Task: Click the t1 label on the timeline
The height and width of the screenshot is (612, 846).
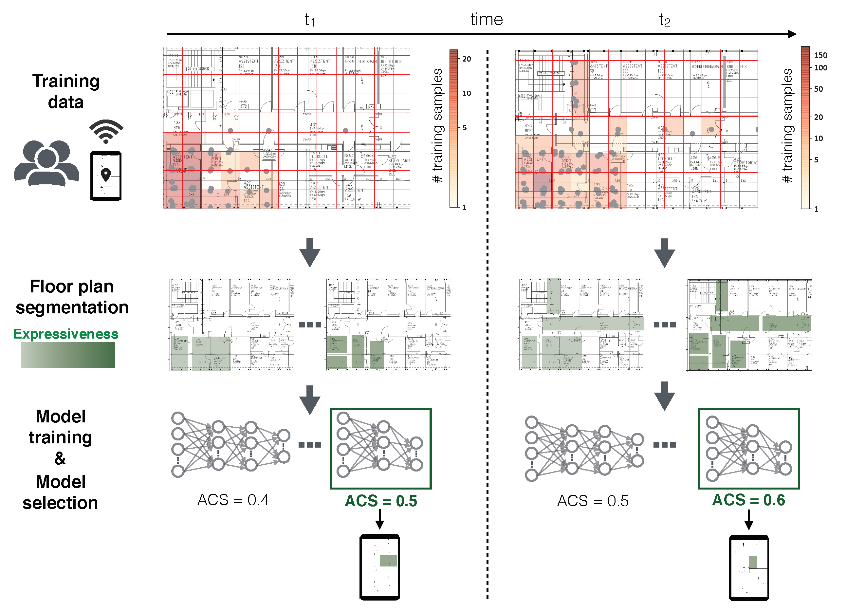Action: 310,20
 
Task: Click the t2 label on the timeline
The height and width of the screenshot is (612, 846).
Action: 664,20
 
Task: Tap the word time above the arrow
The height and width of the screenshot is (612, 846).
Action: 487,19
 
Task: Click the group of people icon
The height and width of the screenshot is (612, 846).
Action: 46,163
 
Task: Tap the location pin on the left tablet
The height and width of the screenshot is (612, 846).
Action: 106,174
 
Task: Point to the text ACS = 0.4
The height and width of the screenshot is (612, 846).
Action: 233,500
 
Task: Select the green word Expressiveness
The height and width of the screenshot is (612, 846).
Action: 66,334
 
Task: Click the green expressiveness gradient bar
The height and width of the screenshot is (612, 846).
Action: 67,355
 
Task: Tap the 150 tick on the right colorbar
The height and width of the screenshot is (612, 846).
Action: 820,55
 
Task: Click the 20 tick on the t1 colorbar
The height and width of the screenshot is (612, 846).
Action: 466,59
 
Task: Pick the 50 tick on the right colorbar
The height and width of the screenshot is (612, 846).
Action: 818,89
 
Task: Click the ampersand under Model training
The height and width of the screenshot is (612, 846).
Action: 60,459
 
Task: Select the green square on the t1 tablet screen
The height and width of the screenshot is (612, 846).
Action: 388,561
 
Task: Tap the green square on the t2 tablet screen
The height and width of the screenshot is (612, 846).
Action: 753,562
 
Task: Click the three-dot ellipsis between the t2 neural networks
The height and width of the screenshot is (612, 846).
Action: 664,445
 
